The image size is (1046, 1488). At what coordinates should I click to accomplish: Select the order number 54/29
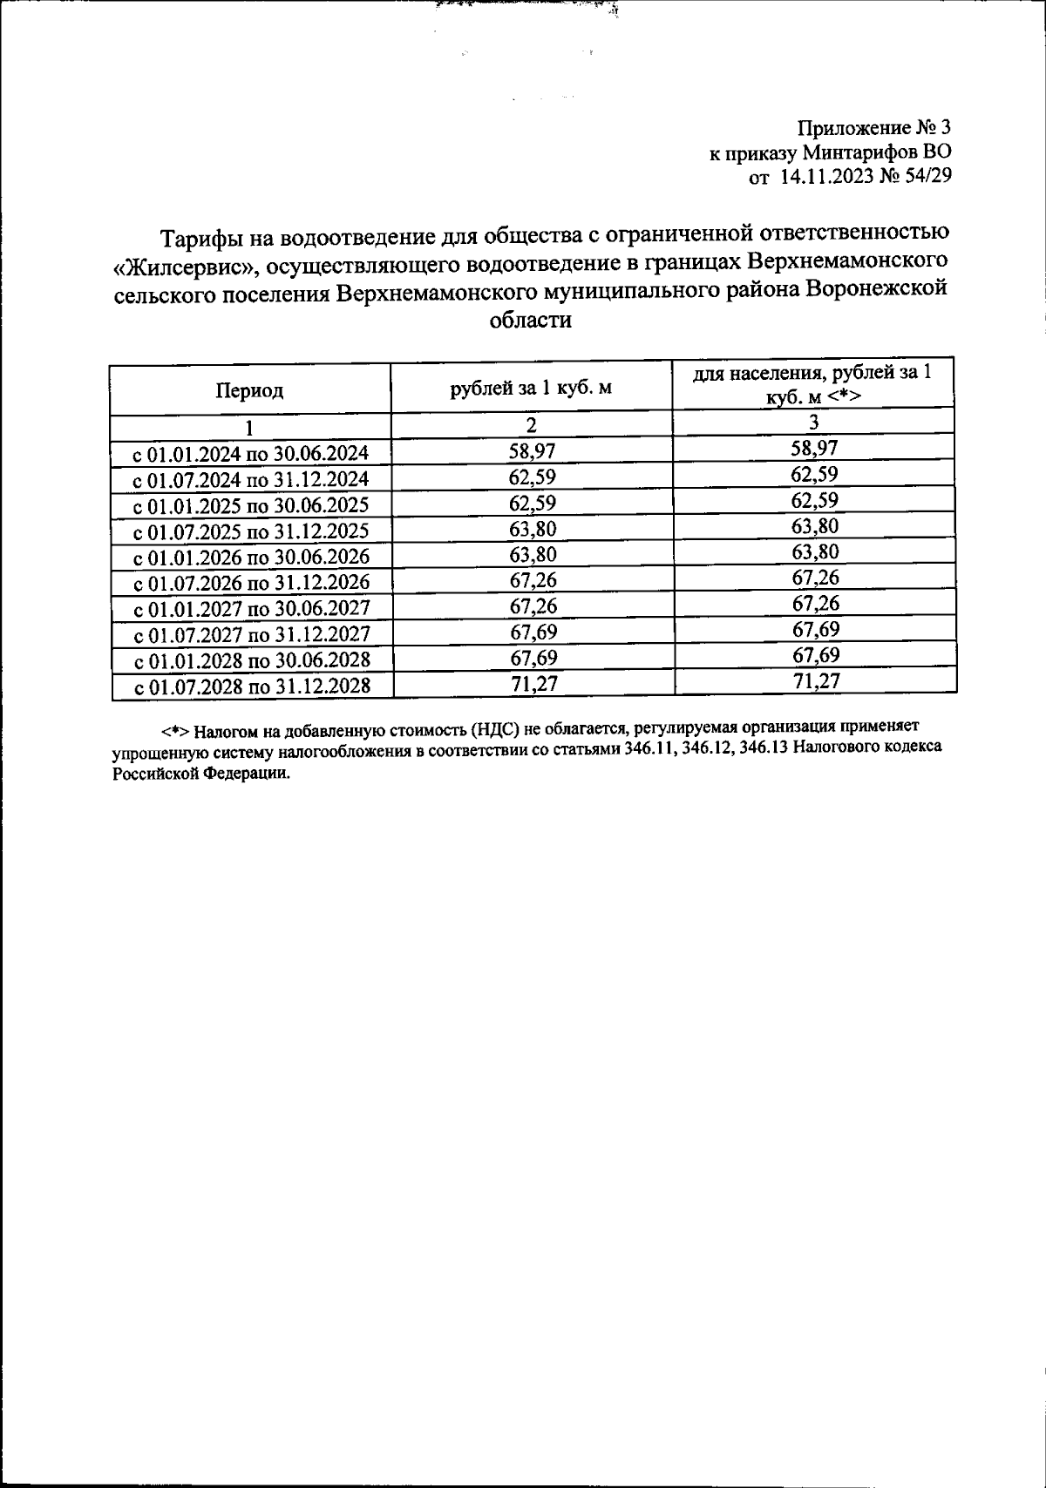(x=927, y=177)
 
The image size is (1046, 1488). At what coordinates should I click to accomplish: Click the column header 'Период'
(x=249, y=390)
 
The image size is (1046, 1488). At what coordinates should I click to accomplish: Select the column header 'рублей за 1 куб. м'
(x=531, y=388)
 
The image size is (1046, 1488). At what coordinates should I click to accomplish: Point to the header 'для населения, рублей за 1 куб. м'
(x=812, y=384)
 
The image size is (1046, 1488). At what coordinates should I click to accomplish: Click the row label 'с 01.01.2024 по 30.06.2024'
(x=250, y=453)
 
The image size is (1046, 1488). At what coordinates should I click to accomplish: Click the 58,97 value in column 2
(x=532, y=450)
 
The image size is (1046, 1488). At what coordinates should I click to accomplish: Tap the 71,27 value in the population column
(x=816, y=680)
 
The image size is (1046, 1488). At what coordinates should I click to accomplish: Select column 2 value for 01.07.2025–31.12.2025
(x=533, y=528)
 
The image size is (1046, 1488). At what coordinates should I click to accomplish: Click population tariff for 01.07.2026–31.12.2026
(x=816, y=578)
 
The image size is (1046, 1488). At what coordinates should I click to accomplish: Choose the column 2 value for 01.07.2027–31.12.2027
(x=533, y=632)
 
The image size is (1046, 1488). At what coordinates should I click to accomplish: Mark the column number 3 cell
(x=813, y=423)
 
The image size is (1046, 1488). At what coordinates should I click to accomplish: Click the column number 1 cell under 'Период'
(x=249, y=427)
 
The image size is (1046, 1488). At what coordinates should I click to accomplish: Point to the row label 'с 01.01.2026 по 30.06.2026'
(x=251, y=557)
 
